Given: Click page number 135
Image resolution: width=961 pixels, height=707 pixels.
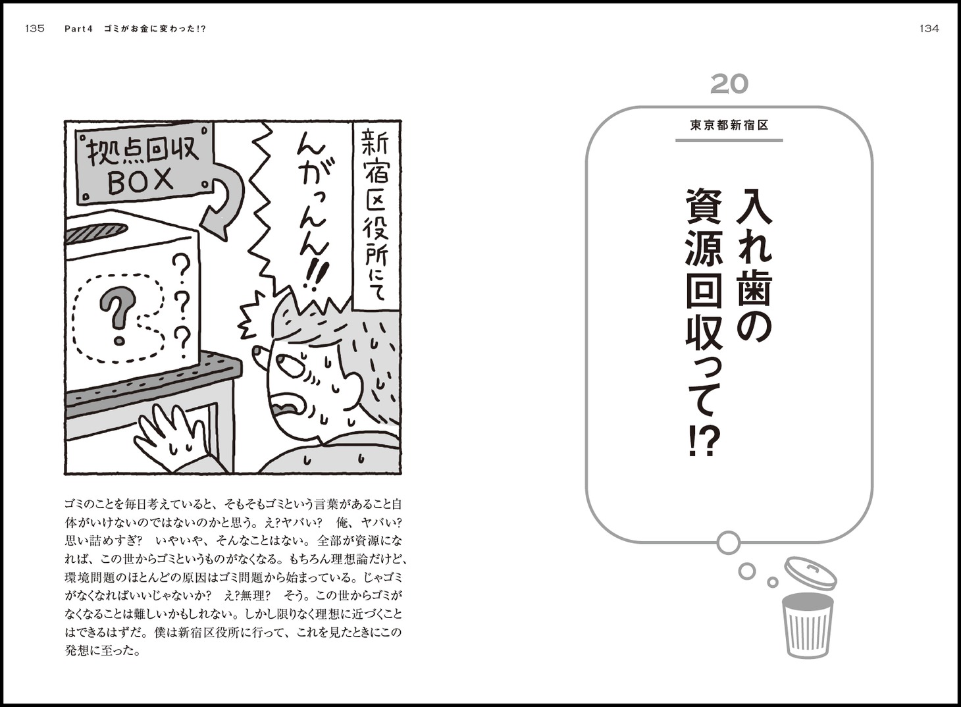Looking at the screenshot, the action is click(x=35, y=29).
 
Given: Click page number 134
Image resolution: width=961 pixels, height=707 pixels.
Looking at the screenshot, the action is click(x=929, y=29).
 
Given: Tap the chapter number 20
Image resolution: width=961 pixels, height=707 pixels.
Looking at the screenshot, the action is click(x=729, y=84).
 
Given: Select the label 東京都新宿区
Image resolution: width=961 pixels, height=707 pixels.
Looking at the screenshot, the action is click(x=729, y=125).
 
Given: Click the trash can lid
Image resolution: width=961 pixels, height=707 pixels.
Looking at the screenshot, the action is click(x=810, y=573).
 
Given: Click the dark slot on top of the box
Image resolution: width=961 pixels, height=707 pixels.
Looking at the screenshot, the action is click(x=96, y=233).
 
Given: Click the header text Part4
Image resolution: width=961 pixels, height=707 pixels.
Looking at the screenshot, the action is click(x=78, y=29).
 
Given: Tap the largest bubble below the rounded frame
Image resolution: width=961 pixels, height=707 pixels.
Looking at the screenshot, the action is click(x=728, y=542).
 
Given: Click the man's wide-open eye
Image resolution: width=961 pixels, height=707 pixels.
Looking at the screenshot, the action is click(x=288, y=367).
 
